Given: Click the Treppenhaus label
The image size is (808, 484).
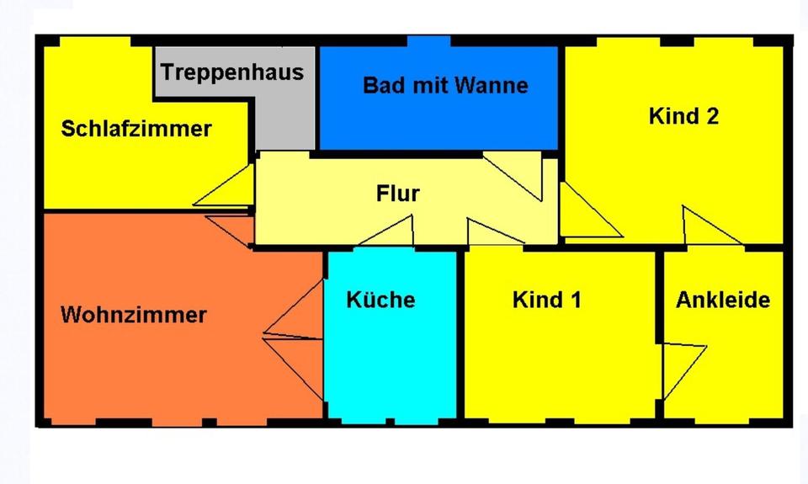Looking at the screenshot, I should pos(232,72).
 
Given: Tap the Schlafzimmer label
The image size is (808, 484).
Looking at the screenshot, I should pos(136,130).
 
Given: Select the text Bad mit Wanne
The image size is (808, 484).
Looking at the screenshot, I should pos(445,85).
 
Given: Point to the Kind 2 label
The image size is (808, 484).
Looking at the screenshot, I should pos(683,116).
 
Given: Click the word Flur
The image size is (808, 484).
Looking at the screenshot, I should pos(397,194).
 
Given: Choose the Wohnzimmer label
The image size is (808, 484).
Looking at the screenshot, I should pos(133,316).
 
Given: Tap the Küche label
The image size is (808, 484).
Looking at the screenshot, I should pos(380,300).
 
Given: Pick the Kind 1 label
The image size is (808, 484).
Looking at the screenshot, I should pos(547,300).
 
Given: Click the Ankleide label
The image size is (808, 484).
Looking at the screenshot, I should pos(723,300).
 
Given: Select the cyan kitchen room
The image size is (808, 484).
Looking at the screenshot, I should pos(391,362).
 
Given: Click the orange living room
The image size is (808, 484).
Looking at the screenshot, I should pos(168,370).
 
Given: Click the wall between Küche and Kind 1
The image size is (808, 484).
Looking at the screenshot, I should pos(460,337).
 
